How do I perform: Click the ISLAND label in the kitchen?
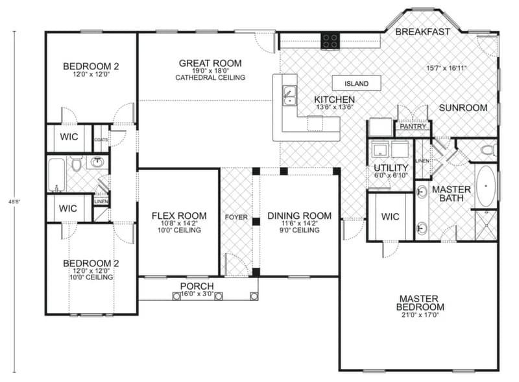point(356,84)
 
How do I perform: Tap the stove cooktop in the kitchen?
point(330,41)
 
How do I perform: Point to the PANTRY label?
point(413,127)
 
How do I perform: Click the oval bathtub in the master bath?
point(485,185)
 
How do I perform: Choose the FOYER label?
point(236,216)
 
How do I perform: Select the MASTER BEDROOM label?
point(421,303)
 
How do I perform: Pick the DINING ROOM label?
point(299,216)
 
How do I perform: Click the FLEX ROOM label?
point(178,216)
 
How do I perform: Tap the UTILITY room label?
point(390,168)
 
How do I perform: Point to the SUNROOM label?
point(463,108)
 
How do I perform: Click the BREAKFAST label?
point(422,31)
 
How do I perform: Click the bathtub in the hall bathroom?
point(56,173)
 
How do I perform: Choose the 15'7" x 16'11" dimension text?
point(447,68)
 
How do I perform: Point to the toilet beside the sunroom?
point(487,151)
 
